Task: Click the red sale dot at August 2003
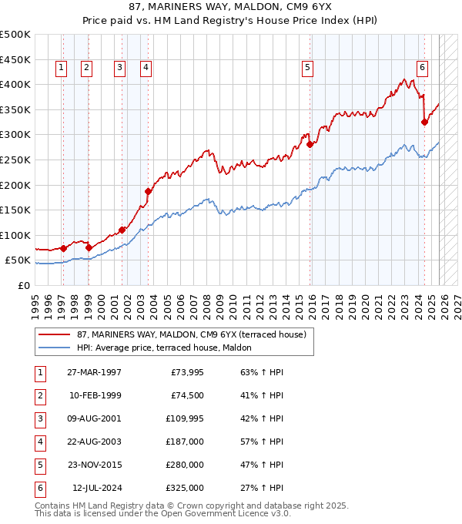pos(148,191)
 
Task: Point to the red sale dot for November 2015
pos(310,144)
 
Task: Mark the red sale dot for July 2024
pos(424,122)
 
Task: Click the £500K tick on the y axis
pos(15,35)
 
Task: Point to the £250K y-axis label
pos(15,160)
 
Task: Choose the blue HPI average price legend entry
pos(170,348)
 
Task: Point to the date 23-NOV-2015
pos(94,465)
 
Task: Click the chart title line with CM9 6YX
pos(231,7)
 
